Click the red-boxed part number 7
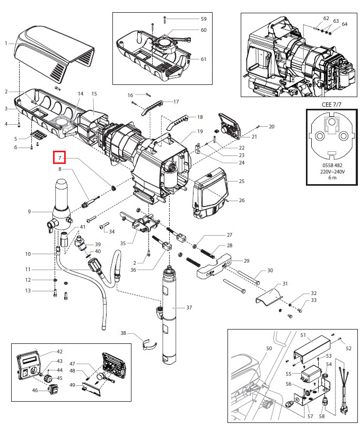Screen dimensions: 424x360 [60, 158]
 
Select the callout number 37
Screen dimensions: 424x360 [190, 307]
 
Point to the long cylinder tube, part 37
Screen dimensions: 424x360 [170, 318]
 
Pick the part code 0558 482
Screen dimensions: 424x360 [332, 166]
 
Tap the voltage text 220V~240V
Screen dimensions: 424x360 [332, 171]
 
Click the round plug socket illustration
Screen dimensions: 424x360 [332, 136]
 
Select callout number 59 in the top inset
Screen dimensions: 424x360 [203, 19]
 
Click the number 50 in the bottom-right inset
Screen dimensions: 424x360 [269, 348]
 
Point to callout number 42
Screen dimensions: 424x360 [60, 352]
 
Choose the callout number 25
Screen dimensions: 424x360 [241, 181]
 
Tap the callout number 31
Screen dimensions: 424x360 [285, 283]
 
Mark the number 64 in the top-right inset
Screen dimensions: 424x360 [345, 24]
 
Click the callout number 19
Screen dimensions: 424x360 [200, 131]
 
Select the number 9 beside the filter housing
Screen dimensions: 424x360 [29, 212]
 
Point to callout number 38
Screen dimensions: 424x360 [123, 333]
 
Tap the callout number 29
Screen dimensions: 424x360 [246, 261]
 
